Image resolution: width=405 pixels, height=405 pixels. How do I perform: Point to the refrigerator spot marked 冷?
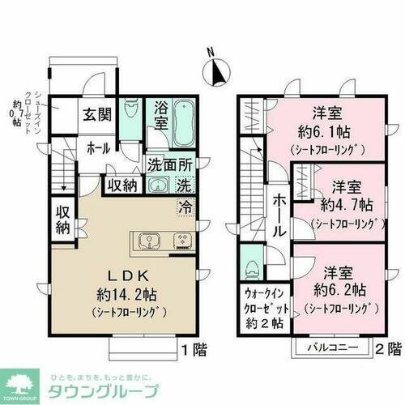pyautogui.click(x=185, y=206)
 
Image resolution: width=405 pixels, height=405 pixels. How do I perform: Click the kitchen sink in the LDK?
pyautogui.click(x=150, y=241)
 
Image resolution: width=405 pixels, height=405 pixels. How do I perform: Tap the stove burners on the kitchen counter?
pyautogui.click(x=181, y=241)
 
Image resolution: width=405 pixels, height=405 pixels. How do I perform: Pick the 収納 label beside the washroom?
pyautogui.click(x=123, y=185)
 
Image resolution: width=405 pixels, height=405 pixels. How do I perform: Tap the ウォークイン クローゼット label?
pyautogui.click(x=264, y=301)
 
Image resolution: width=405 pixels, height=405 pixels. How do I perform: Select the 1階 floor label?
pyautogui.click(x=192, y=351)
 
